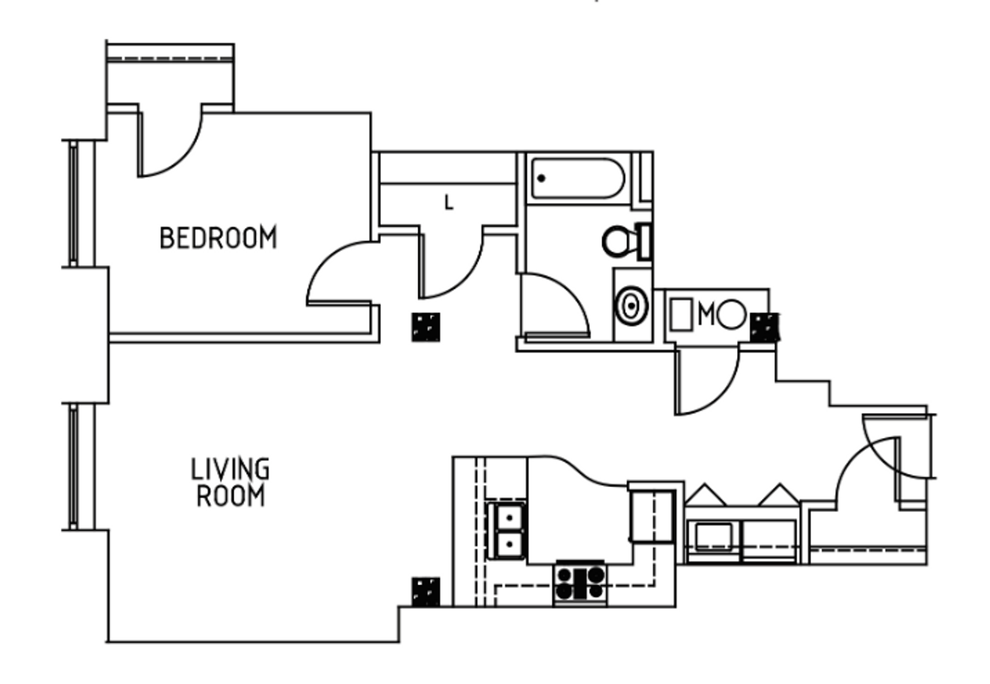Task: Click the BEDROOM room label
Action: pos(218,237)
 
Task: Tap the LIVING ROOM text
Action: pos(230,483)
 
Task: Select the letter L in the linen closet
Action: pos(449,203)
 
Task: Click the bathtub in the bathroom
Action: pos(577,179)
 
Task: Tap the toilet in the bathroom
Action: pos(624,241)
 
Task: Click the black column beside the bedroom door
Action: pos(425,327)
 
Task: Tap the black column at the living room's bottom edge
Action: pos(425,592)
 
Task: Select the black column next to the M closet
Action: pos(764,327)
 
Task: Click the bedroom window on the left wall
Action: pos(74,203)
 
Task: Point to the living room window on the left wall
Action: pos(74,466)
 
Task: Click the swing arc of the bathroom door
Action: pos(564,298)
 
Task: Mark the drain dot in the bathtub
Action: pos(541,179)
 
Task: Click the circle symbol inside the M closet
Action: pos(732,314)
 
